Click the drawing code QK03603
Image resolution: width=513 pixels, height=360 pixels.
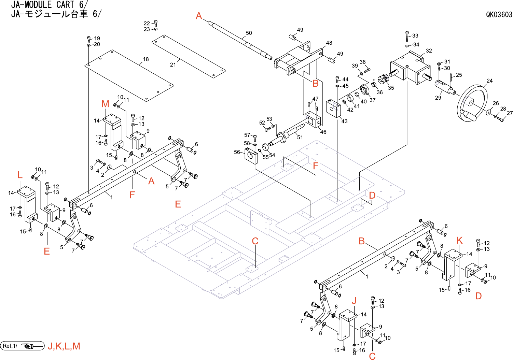(x=499, y=14)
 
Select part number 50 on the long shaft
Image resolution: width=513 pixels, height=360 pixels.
(x=249, y=33)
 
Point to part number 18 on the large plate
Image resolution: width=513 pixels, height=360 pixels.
(x=146, y=59)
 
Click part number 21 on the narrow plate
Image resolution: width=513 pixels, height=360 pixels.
(x=173, y=64)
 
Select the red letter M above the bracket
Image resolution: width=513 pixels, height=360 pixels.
(x=105, y=104)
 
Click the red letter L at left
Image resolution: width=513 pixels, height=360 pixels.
(x=20, y=175)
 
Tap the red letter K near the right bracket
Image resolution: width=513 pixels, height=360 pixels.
(x=459, y=241)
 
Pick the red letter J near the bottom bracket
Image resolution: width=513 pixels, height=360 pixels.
(x=354, y=301)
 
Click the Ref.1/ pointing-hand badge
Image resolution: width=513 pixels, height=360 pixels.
(x=23, y=346)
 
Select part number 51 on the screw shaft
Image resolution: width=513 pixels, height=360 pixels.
(x=300, y=137)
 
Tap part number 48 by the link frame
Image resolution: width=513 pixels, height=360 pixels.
(x=329, y=43)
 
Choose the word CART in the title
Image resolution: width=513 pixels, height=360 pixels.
(x=65, y=5)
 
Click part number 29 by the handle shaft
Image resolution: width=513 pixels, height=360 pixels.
(x=438, y=98)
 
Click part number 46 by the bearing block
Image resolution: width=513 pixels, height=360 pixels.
(x=323, y=132)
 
